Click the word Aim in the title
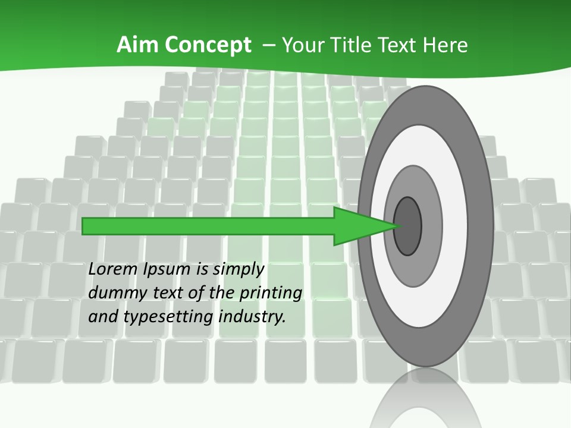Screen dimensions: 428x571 (x=139, y=45)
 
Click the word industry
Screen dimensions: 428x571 (x=252, y=317)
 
